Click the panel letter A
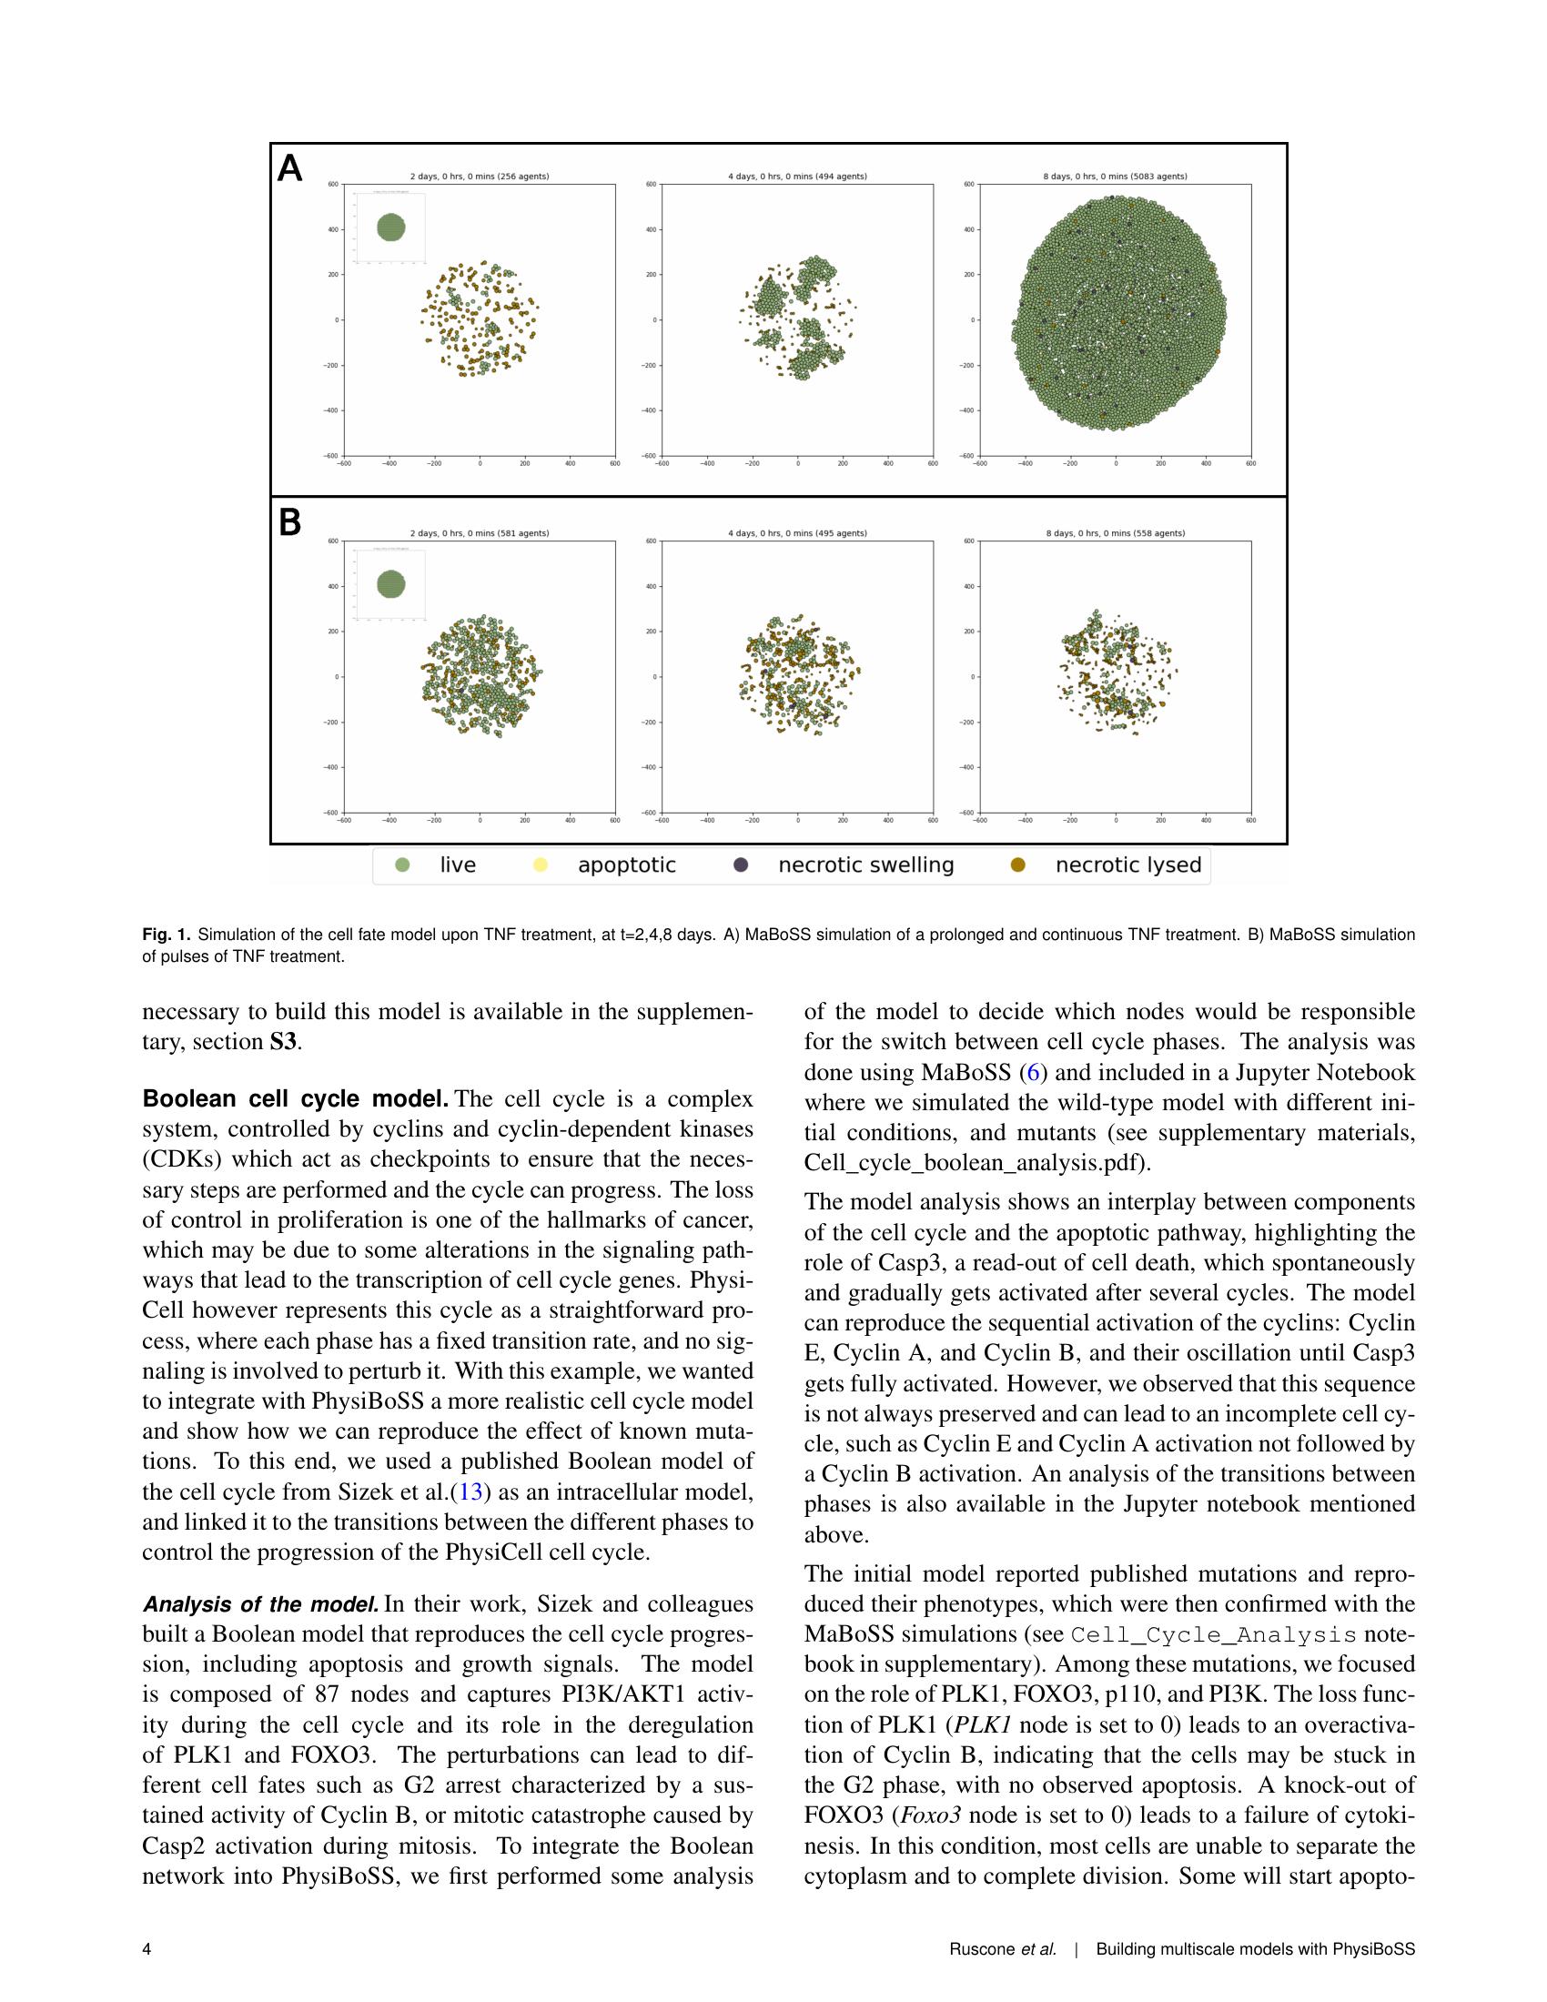tap(289, 168)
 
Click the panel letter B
tap(289, 523)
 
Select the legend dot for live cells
tap(401, 865)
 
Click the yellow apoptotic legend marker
tap(540, 865)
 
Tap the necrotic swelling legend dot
tap(741, 865)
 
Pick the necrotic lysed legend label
tap(1127, 865)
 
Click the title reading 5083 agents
tap(1115, 176)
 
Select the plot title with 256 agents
tap(480, 176)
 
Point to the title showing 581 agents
tap(480, 532)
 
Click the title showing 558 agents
tap(1115, 532)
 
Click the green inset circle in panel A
tap(391, 227)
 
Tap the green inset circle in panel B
tap(391, 583)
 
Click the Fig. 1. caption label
tap(167, 935)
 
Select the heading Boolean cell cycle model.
tap(295, 1098)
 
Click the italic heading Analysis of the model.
tap(260, 1604)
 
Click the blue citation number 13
tap(470, 1491)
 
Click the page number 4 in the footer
tap(147, 1949)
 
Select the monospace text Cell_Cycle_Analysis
tap(1213, 1635)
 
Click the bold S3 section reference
tap(283, 1042)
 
